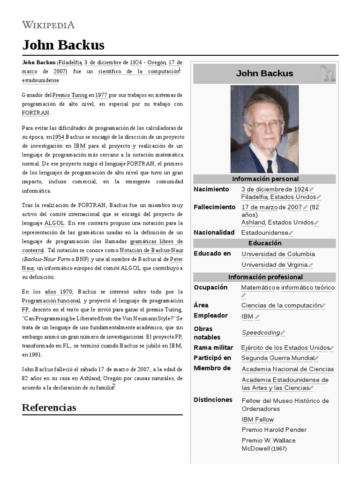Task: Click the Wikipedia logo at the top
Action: click(48, 25)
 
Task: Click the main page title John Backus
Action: click(63, 45)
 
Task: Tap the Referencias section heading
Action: click(49, 407)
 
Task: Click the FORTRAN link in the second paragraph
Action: click(35, 113)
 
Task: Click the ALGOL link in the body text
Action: click(54, 223)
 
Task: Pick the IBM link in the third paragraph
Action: click(79, 146)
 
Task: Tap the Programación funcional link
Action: click(51, 300)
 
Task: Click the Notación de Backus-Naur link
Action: click(151, 250)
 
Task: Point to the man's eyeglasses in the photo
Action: click(264, 123)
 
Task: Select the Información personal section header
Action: click(265, 179)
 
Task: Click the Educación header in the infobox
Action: click(265, 243)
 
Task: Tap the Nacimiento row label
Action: click(211, 189)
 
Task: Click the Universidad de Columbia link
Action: click(278, 254)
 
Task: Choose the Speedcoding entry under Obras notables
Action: click(261, 333)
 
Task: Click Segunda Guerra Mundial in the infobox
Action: click(277, 358)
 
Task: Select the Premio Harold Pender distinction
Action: click(274, 430)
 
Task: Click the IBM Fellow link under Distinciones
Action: click(257, 420)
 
